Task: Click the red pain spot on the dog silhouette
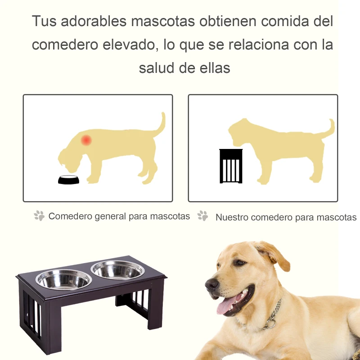(x=86, y=140)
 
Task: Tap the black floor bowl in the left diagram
(x=68, y=180)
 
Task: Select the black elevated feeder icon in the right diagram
(x=231, y=166)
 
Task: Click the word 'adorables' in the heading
(x=94, y=21)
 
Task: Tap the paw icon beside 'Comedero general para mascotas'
(x=39, y=216)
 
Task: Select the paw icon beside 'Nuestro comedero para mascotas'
(x=202, y=216)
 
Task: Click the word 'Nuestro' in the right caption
(x=232, y=217)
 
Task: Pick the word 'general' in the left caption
(x=110, y=216)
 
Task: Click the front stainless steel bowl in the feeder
(x=63, y=279)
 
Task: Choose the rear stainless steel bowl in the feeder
(x=117, y=270)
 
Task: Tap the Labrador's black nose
(x=211, y=284)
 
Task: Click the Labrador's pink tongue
(x=226, y=304)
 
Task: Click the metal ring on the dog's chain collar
(x=271, y=324)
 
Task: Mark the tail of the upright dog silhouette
(x=327, y=129)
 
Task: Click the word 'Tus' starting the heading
(x=44, y=21)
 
